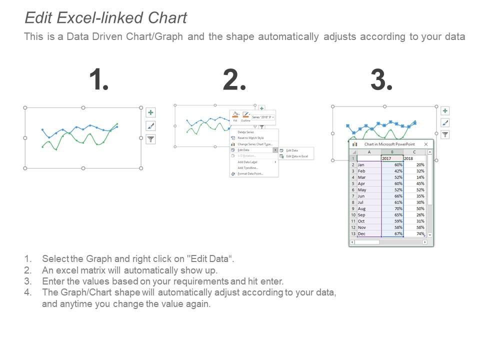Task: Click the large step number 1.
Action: pos(98,80)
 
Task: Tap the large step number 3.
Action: pos(381,80)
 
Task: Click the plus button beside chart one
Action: pos(150,112)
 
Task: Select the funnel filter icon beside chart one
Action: pos(150,139)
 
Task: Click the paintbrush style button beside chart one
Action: pos(150,126)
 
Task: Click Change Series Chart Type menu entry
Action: pos(254,144)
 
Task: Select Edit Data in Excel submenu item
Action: pos(296,156)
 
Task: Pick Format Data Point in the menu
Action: pos(250,173)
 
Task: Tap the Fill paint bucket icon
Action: pos(235,115)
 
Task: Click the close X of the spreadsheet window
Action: pos(426,144)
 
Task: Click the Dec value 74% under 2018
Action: pos(419,233)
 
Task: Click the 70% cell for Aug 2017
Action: pos(392,208)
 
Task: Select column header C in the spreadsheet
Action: pos(414,152)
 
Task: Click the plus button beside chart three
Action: pos(445,111)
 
